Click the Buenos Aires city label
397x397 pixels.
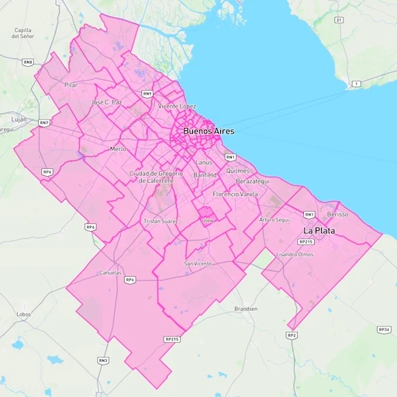(209, 132)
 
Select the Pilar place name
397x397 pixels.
(71, 85)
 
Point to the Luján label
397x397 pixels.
(19, 119)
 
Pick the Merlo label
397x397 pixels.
(118, 148)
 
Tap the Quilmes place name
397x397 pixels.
(237, 171)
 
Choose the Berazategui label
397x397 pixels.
(252, 181)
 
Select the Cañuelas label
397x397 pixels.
(111, 273)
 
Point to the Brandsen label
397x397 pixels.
(246, 308)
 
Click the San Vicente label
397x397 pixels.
(197, 264)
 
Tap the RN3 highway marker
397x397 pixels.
(103, 360)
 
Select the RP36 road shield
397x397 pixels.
(383, 330)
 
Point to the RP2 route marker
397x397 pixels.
(291, 335)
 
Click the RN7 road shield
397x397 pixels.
(44, 123)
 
